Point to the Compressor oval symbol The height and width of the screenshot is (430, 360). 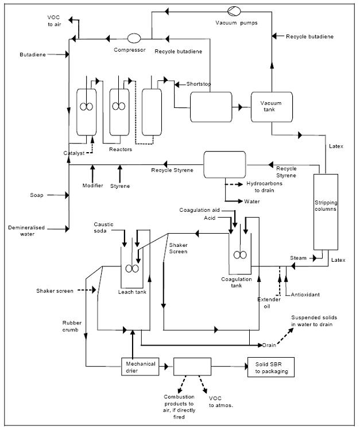pyautogui.click(x=134, y=38)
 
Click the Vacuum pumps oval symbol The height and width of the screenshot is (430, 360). pyautogui.click(x=234, y=10)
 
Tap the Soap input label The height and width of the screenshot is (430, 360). pyautogui.click(x=37, y=195)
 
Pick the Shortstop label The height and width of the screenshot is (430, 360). pyautogui.click(x=199, y=84)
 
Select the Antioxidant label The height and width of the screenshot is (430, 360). pyautogui.click(x=304, y=295)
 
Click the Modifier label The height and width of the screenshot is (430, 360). pyautogui.click(x=92, y=186)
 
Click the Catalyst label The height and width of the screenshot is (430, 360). pyautogui.click(x=74, y=153)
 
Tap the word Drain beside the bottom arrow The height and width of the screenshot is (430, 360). pyautogui.click(x=269, y=345)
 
